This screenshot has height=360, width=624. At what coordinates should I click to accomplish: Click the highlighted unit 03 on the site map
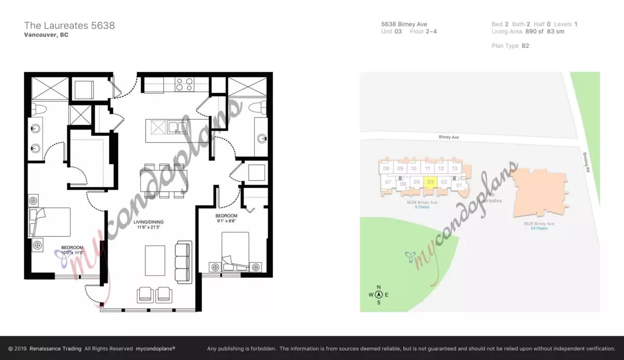(430, 183)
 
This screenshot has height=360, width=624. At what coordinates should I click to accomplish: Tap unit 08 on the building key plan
(386, 169)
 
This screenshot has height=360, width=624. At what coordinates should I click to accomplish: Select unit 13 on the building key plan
(454, 169)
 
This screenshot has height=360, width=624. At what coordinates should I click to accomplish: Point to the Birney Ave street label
(449, 137)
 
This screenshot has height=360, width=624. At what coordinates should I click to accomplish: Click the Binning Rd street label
(587, 162)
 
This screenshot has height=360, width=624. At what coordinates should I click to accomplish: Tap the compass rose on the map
(379, 294)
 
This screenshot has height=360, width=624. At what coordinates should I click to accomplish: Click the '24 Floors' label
(539, 228)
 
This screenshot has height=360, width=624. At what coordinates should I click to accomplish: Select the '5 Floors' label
(422, 207)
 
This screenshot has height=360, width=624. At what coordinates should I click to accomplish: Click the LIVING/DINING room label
(148, 222)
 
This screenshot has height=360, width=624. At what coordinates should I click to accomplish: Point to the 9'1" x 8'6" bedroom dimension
(226, 221)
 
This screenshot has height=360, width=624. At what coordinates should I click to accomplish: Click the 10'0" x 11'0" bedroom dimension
(72, 253)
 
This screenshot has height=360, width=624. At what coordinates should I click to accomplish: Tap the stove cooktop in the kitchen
(185, 84)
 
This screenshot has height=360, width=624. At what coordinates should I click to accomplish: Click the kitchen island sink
(177, 127)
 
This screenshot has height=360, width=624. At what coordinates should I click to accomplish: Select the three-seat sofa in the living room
(183, 262)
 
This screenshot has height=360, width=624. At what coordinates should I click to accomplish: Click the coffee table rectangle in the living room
(155, 261)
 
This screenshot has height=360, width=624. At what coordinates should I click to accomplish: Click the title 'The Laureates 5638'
(69, 25)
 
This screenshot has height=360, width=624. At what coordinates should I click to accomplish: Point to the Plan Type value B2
(525, 46)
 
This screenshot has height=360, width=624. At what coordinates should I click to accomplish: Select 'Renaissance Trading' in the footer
(56, 349)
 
